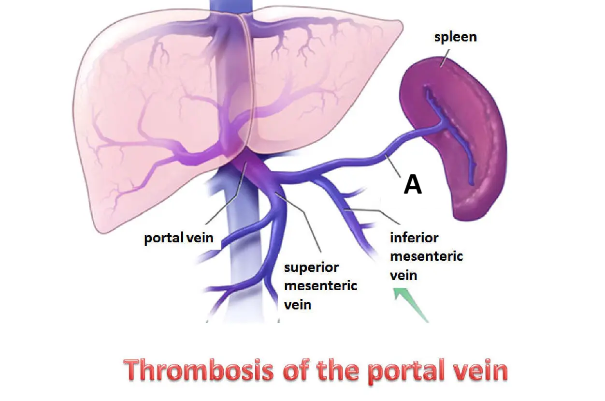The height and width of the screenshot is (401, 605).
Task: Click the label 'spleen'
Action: click(x=455, y=36)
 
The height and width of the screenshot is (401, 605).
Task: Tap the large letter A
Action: click(x=412, y=185)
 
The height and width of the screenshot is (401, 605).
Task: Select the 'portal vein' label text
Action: click(x=179, y=238)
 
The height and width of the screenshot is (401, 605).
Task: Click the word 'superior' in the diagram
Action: click(x=311, y=267)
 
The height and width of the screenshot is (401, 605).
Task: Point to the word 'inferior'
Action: click(x=414, y=238)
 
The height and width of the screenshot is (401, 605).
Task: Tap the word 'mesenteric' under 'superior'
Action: click(x=320, y=286)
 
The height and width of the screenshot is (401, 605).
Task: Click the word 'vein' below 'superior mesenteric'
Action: click(x=297, y=304)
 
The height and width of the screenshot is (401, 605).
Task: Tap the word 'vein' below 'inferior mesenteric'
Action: click(x=403, y=275)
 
